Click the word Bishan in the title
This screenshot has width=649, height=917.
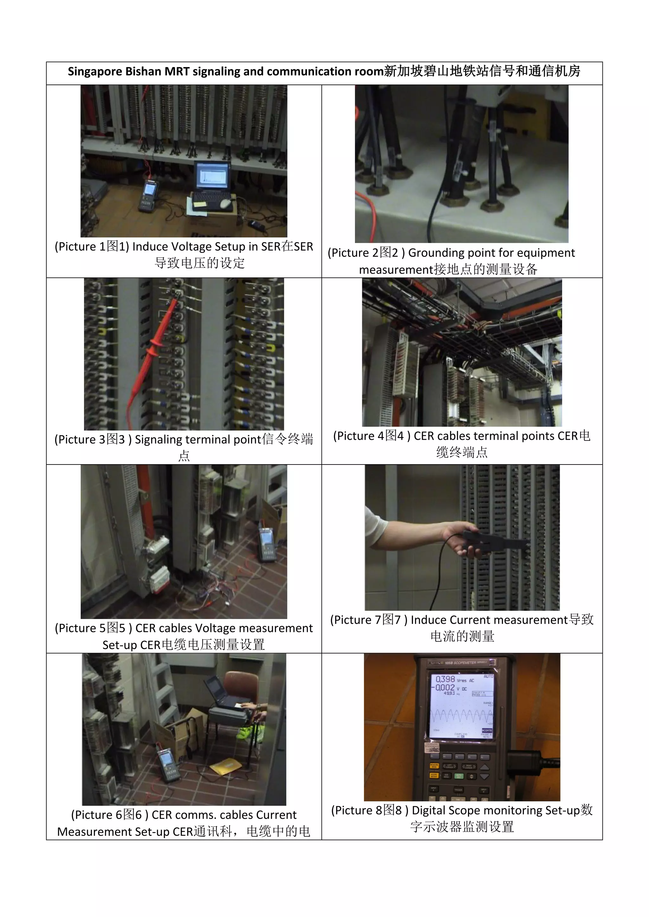[x=143, y=72]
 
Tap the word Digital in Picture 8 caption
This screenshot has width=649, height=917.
[x=429, y=810]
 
